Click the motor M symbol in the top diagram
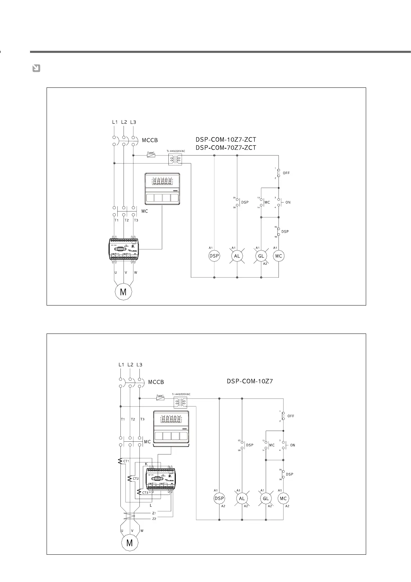(x=123, y=292)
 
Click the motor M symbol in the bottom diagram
(x=129, y=543)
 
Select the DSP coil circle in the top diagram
(x=214, y=256)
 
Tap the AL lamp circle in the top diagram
(x=237, y=256)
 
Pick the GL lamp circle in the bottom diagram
(x=266, y=498)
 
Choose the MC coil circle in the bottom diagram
(x=283, y=498)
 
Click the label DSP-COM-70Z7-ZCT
(x=226, y=148)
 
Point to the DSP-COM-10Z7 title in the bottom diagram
(x=250, y=382)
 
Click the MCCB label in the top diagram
(x=150, y=141)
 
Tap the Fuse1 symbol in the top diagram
(x=151, y=156)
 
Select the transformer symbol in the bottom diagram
(x=180, y=402)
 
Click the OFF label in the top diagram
(x=286, y=173)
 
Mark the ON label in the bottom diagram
(x=293, y=445)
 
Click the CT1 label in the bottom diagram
(x=126, y=461)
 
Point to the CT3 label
(x=145, y=492)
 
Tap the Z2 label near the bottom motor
(x=154, y=519)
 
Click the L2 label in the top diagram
(x=124, y=122)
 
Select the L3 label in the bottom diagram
(x=139, y=365)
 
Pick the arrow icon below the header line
(x=36, y=68)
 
